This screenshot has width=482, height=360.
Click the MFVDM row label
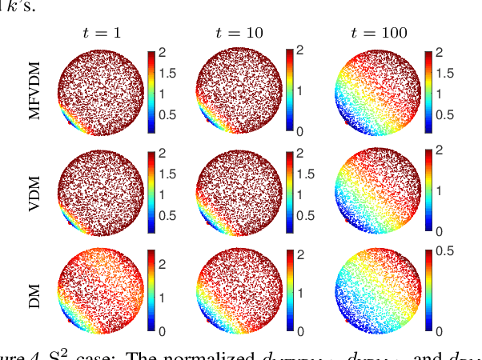click(x=34, y=90)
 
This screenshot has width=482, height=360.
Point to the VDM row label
click(x=34, y=190)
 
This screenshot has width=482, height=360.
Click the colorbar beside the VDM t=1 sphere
click(x=151, y=190)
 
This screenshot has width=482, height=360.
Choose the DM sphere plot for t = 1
click(x=102, y=290)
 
